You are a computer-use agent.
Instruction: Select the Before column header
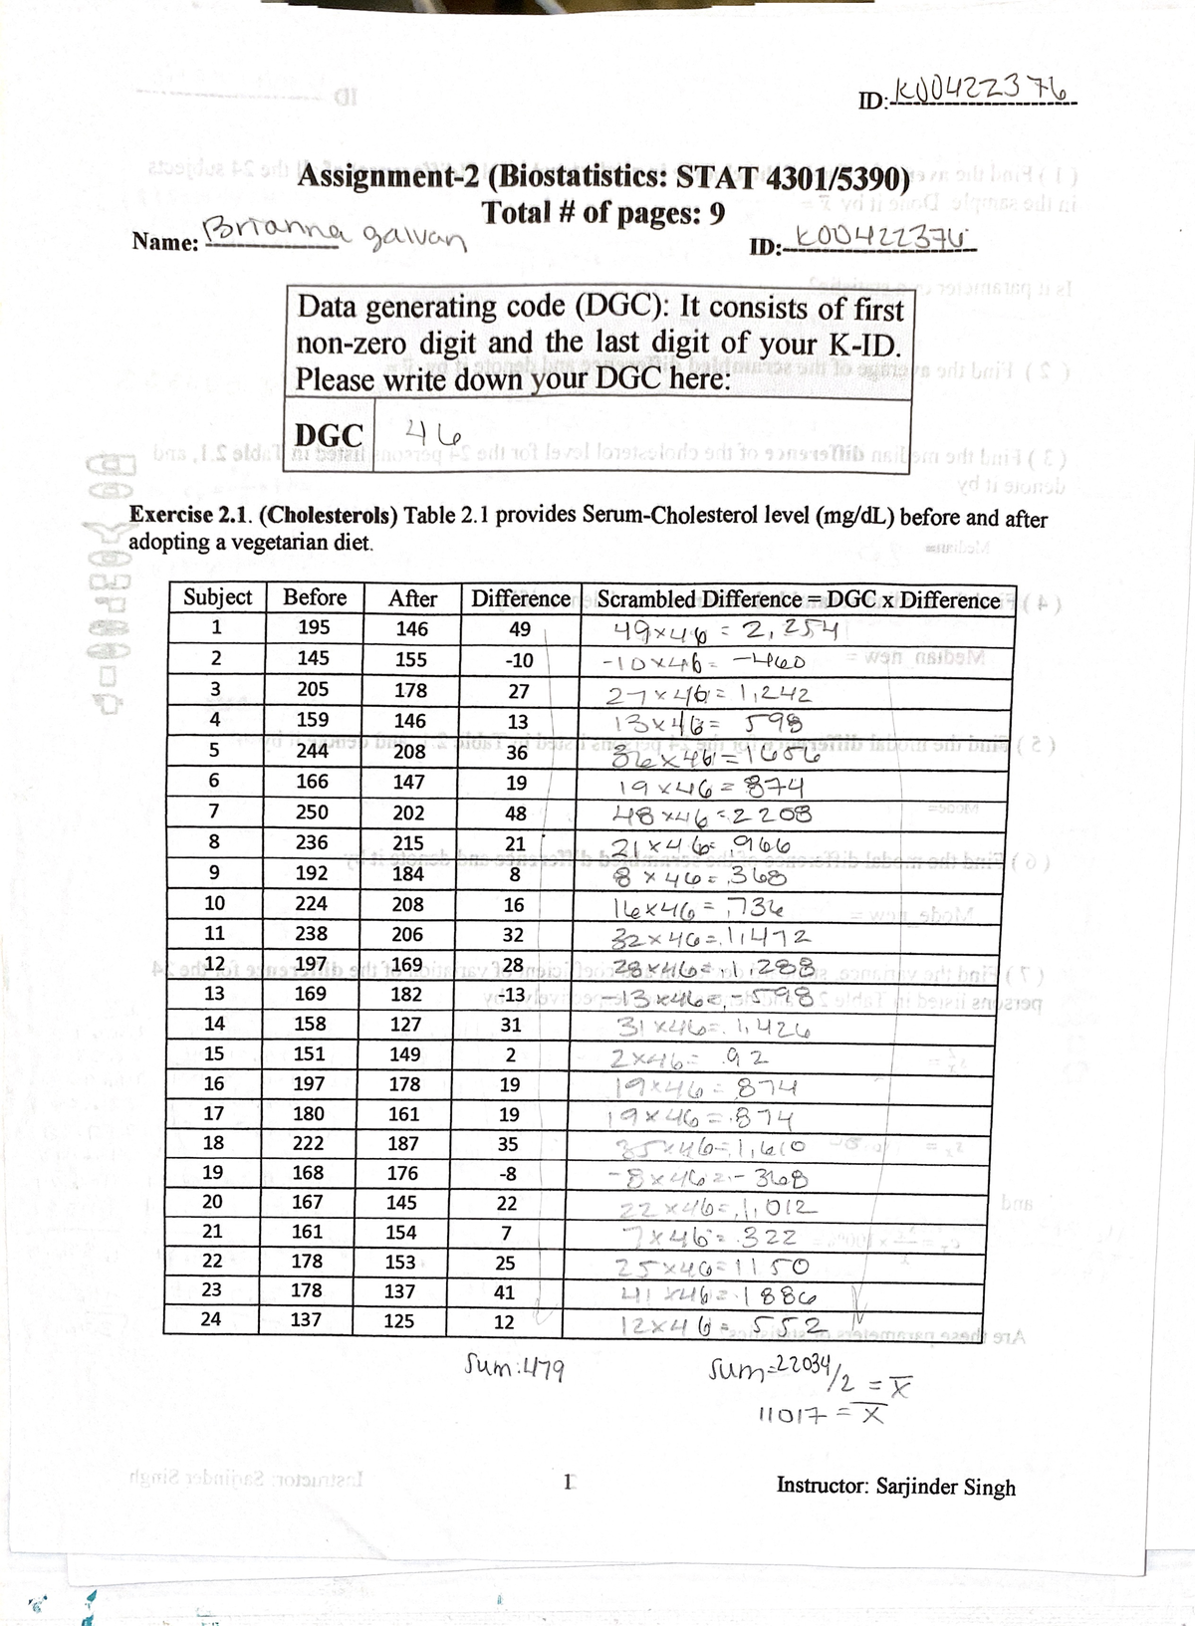pos(315,597)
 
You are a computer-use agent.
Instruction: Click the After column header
pos(412,598)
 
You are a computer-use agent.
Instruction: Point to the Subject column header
pos(217,597)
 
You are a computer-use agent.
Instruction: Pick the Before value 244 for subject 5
pos(313,751)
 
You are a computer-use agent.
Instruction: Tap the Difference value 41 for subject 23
pos(505,1291)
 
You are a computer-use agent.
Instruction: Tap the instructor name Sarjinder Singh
pos(945,1487)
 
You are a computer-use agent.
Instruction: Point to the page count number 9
pos(717,214)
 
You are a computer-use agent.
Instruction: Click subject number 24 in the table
pos(211,1319)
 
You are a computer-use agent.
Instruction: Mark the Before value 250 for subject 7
pos(313,813)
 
